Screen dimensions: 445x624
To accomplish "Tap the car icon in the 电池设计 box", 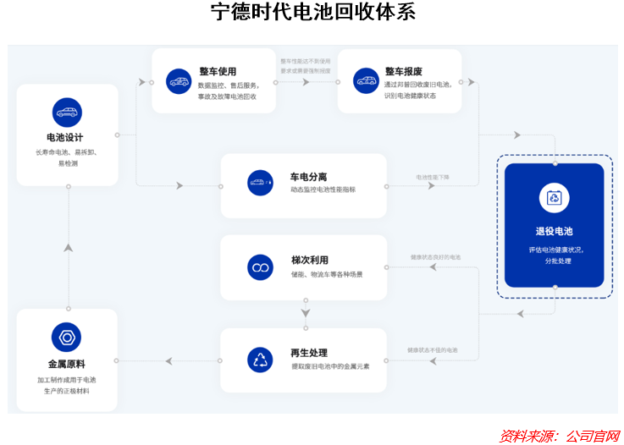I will (67, 112).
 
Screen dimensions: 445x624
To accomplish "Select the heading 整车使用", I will (218, 72).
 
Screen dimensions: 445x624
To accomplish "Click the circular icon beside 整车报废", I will (366, 81).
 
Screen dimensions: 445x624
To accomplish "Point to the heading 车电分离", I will (308, 177).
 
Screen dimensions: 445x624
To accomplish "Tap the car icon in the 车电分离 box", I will (260, 183).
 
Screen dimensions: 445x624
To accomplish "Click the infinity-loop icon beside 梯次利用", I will (260, 267).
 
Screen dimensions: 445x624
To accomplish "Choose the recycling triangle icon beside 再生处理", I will (260, 360).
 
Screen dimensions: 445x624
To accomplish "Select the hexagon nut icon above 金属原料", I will (67, 338).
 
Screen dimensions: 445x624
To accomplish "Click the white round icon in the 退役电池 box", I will (555, 198).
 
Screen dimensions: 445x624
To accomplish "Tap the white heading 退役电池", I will (555, 231).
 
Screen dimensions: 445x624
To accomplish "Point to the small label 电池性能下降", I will (433, 177).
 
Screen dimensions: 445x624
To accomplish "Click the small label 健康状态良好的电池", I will (436, 256).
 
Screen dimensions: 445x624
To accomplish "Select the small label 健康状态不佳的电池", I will (433, 349).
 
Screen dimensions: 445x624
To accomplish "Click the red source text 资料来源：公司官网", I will (559, 436).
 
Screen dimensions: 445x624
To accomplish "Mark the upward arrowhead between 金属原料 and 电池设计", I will (68, 247).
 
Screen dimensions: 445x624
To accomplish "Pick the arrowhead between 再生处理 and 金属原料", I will (169, 361).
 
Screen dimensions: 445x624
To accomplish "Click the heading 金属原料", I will (66, 365).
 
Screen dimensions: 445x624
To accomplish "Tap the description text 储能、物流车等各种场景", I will (327, 274).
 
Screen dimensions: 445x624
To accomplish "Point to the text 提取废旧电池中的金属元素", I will (330, 366).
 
